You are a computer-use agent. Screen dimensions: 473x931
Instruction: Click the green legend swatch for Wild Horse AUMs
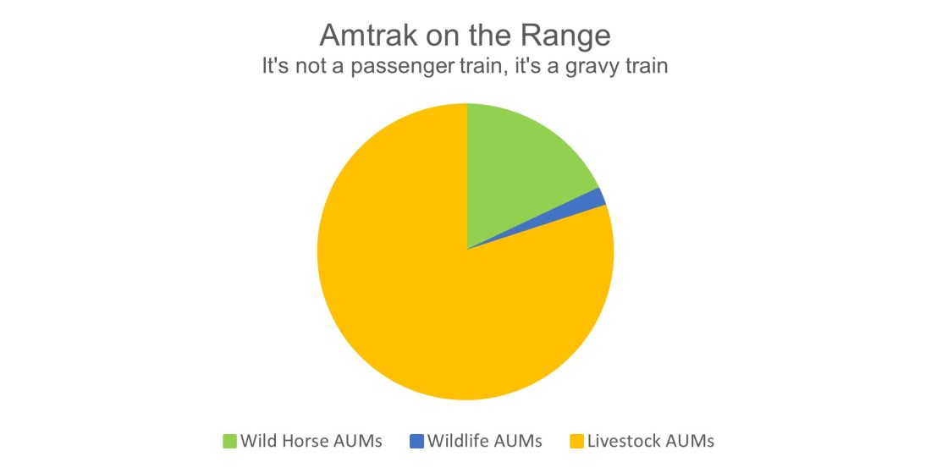pos(229,441)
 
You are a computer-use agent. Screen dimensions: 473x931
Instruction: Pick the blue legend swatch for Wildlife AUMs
pos(416,441)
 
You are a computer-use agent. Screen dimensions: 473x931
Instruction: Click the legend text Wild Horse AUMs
pos(311,441)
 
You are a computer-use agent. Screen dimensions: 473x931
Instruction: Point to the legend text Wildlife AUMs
pos(484,441)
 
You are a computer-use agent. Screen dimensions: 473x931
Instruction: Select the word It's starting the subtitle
pos(276,66)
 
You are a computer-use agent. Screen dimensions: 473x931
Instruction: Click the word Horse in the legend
pos(308,441)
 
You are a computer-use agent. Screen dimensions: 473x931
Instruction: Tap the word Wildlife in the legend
pos(458,441)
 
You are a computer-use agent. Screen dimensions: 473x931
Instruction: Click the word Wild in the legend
pos(259,441)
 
